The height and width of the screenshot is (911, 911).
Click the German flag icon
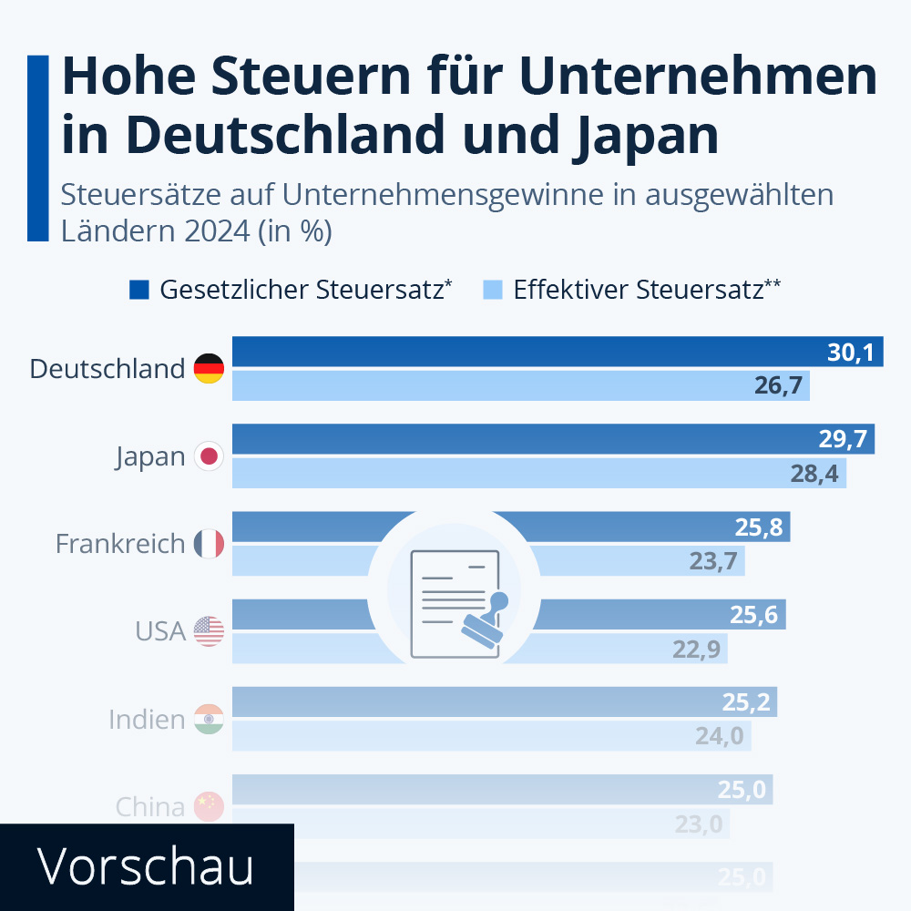[x=209, y=368]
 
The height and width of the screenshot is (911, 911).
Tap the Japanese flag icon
[x=209, y=455]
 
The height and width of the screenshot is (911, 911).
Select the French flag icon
[x=209, y=544]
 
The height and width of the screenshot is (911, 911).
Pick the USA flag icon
[x=209, y=630]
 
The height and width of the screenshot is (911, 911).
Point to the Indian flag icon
[x=209, y=719]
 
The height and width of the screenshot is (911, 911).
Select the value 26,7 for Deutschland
[x=778, y=386]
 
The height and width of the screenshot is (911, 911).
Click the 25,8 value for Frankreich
[x=758, y=527]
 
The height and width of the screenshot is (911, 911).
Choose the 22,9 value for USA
[x=696, y=649]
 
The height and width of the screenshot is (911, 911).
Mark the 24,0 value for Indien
[x=720, y=735]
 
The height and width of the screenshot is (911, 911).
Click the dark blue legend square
[x=138, y=290]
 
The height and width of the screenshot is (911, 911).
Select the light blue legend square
[x=492, y=290]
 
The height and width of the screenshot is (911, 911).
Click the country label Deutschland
[x=107, y=369]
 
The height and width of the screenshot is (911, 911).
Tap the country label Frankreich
[x=120, y=544]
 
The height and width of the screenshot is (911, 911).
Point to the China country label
[x=150, y=806]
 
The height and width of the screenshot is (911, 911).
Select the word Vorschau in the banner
[x=146, y=867]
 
